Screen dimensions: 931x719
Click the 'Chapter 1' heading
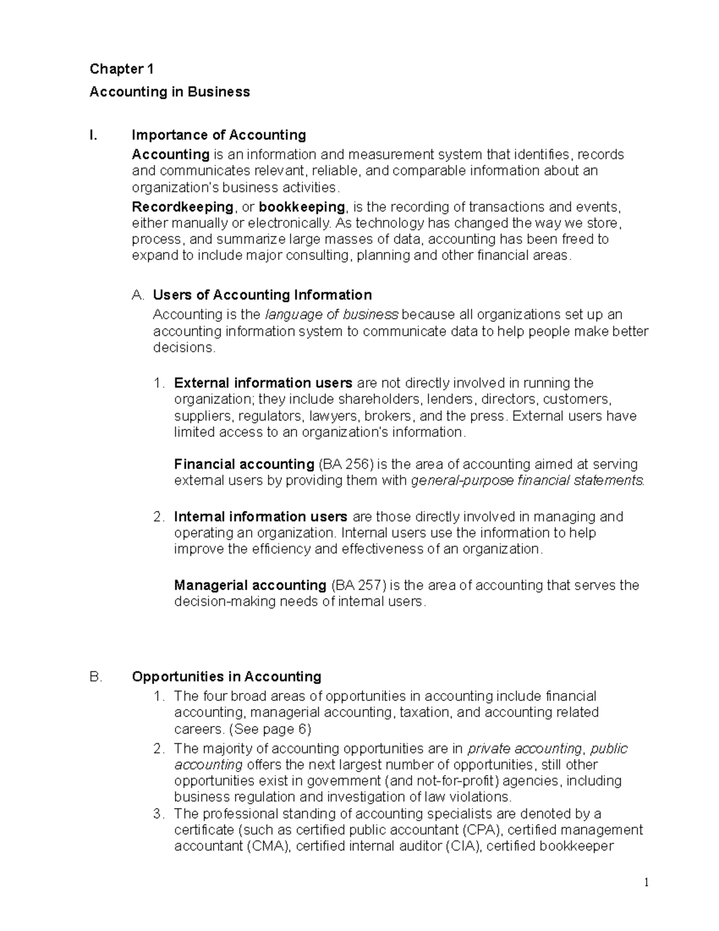click(122, 70)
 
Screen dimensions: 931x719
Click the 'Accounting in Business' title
click(170, 92)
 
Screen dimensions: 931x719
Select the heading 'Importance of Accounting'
click(219, 135)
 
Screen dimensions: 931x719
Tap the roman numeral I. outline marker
click(93, 135)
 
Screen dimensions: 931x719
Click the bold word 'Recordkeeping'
click(183, 207)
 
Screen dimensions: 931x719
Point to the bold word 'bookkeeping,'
click(303, 207)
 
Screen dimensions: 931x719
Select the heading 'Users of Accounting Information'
click(262, 295)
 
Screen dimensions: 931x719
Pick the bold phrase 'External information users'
click(263, 383)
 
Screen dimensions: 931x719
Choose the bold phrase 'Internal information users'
click(261, 517)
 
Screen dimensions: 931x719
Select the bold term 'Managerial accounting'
click(250, 585)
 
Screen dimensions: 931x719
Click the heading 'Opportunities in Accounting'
click(226, 677)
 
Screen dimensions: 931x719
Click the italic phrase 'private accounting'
click(524, 749)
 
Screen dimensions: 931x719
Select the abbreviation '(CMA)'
click(268, 846)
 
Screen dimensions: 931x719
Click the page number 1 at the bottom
click(647, 882)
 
